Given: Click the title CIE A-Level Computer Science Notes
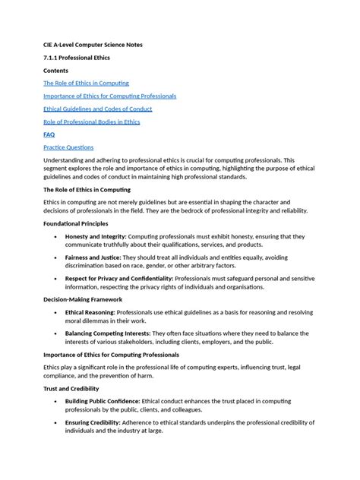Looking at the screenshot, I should [93, 44].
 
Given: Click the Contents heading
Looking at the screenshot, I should [55, 70].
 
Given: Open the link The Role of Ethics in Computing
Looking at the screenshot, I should [86, 83].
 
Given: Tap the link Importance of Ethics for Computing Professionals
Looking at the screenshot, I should [109, 96].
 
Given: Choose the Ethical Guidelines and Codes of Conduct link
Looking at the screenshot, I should [96, 109].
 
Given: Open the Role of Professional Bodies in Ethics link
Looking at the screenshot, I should [91, 122].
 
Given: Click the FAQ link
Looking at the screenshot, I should [49, 134].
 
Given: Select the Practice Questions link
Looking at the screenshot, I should [68, 147].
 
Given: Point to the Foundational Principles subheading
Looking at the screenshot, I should [75, 224].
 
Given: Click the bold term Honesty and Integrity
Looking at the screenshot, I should [96, 237].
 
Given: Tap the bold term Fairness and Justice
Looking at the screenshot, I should [94, 258].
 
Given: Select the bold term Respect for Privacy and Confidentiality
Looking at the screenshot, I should [119, 279].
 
